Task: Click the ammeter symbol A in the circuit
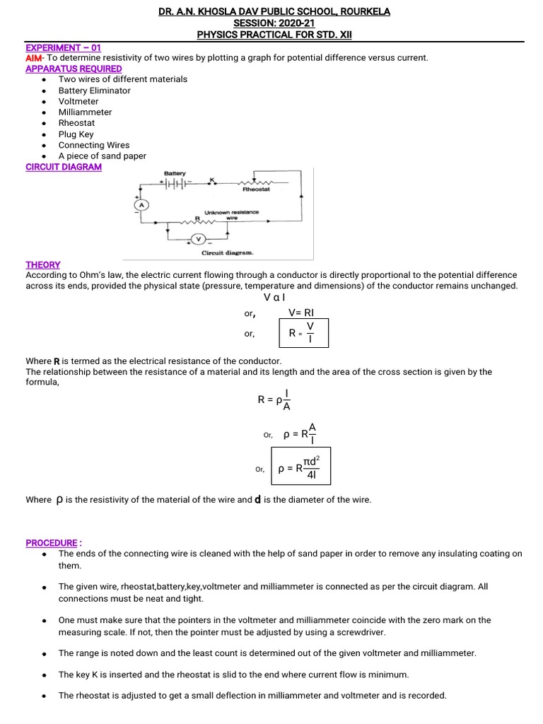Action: pos(140,204)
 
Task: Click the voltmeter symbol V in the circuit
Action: pos(198,238)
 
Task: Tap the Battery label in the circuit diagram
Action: pos(174,173)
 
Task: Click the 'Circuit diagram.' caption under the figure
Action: pos(227,252)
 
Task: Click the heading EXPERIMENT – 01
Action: pos(63,47)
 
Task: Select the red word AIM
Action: pos(34,58)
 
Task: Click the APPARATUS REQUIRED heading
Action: pos(74,69)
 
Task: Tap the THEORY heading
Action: pos(43,264)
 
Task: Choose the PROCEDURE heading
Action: pos(52,543)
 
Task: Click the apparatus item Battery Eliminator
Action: pos(94,90)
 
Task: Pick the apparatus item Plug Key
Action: pos(76,134)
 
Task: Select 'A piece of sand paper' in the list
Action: pos(102,156)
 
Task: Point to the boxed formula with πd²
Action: pos(300,468)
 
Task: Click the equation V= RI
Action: pos(305,313)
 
